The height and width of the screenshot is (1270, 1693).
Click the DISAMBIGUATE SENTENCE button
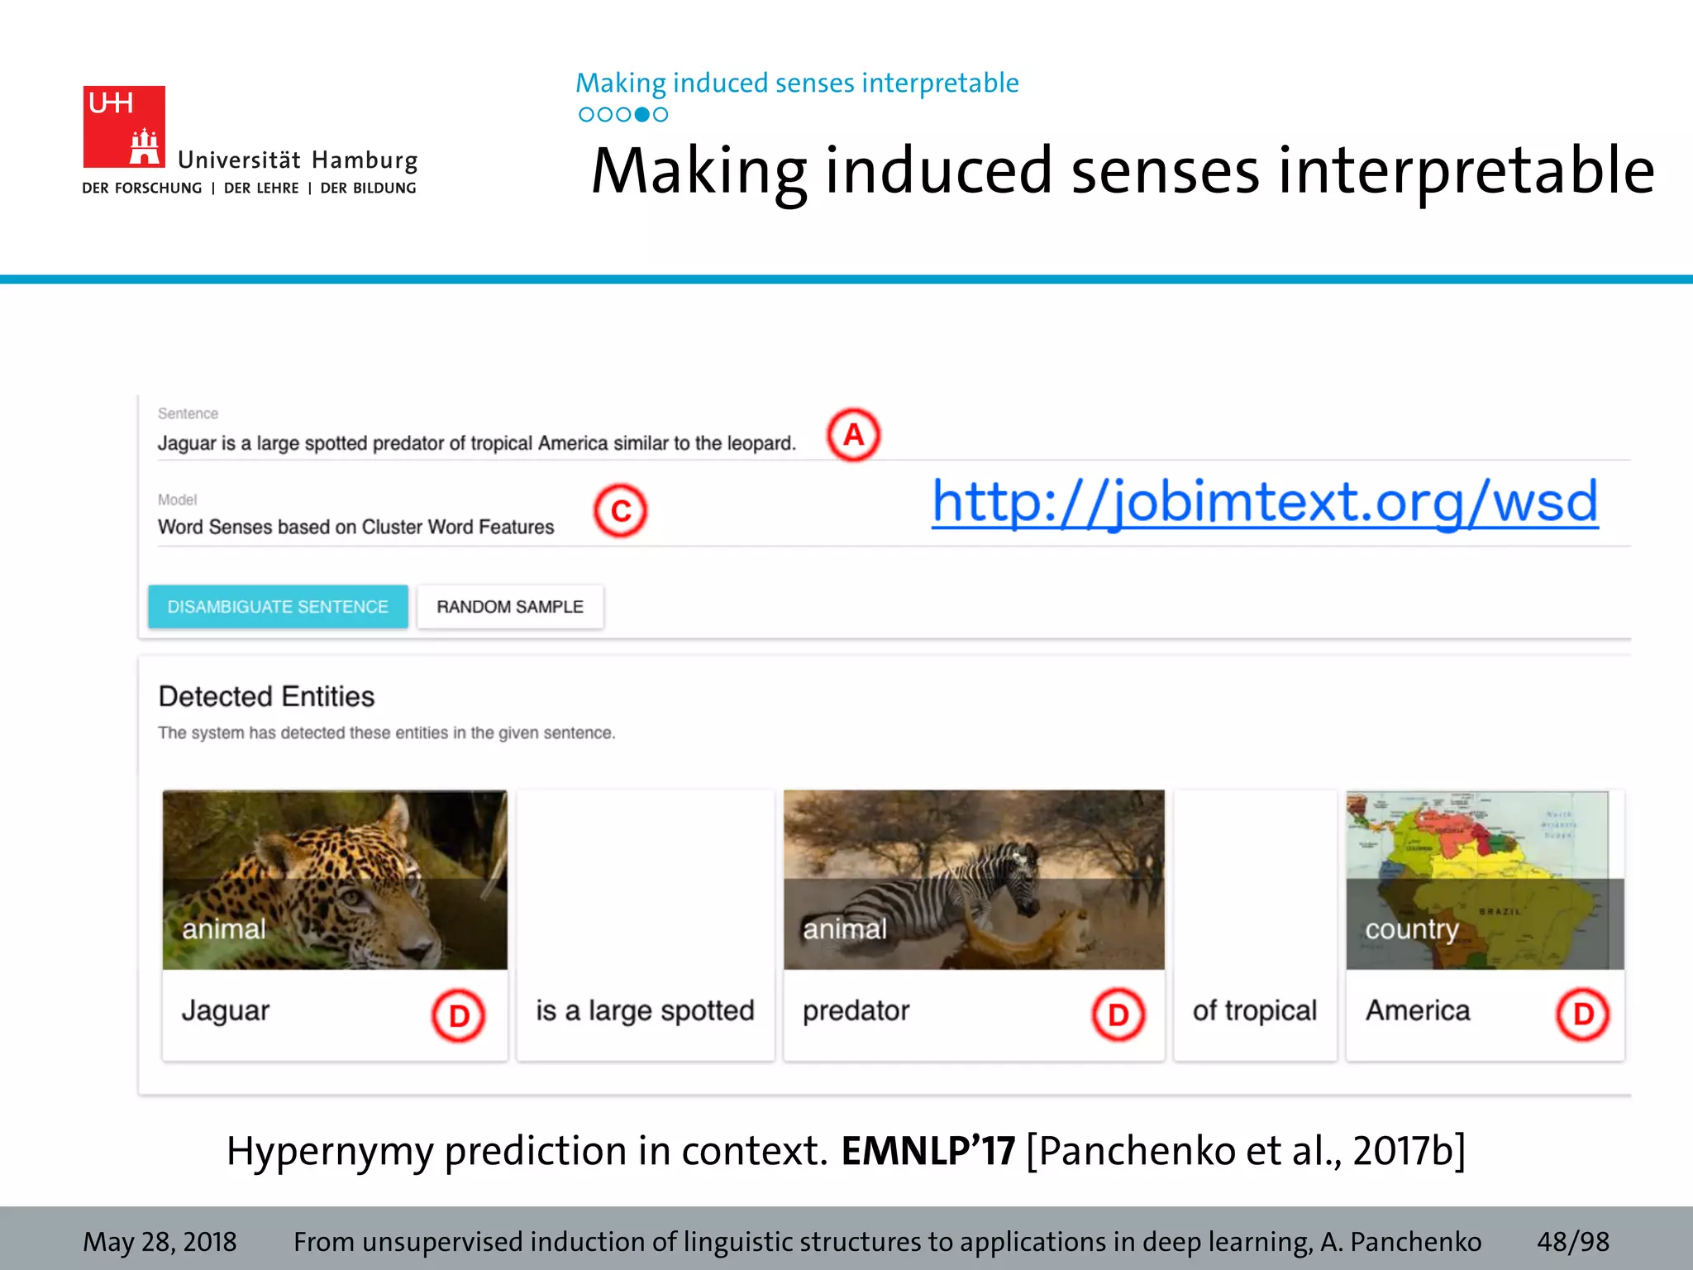278,607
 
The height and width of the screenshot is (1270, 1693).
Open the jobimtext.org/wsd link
1265,502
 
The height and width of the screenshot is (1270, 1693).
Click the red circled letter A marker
853,435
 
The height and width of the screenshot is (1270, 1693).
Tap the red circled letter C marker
620,511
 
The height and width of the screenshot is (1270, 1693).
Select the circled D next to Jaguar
458,1015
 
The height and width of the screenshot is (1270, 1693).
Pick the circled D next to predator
1118,1015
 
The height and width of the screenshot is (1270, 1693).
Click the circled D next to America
1582,1015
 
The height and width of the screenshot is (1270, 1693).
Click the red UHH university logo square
124,127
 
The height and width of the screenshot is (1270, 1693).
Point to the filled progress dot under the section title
641,115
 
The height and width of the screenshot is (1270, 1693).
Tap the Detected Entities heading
266,697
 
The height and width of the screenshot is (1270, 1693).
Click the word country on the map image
1411,929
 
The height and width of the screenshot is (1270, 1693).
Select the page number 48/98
1572,1242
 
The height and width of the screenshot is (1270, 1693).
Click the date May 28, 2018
160,1242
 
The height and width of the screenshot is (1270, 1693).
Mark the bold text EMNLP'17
928,1151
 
